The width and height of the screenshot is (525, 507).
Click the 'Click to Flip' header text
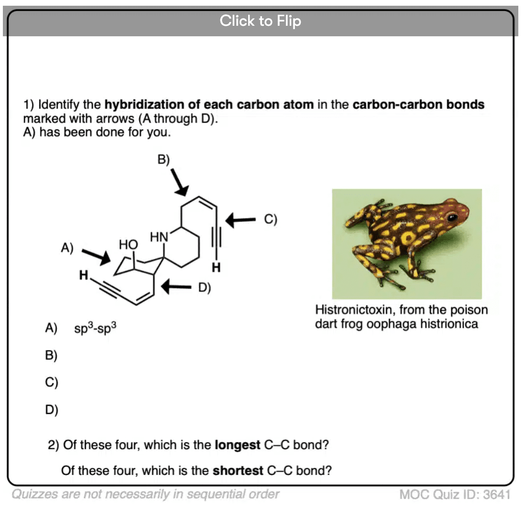pyautogui.click(x=261, y=21)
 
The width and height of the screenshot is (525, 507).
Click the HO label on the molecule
pyautogui.click(x=128, y=244)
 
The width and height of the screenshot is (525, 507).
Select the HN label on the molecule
pyautogui.click(x=159, y=237)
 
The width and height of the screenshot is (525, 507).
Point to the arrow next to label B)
pyautogui.click(x=179, y=182)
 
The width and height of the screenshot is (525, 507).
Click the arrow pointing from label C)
pyautogui.click(x=241, y=220)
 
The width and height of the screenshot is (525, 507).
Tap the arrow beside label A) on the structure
pyautogui.click(x=96, y=256)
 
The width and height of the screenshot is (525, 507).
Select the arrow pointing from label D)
pyautogui.click(x=176, y=286)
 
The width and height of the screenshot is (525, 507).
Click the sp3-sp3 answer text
pyautogui.click(x=95, y=327)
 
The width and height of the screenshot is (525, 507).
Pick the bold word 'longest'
pyautogui.click(x=237, y=445)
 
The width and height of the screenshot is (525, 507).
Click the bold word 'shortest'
pyautogui.click(x=238, y=471)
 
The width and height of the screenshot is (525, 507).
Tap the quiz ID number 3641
pyautogui.click(x=497, y=494)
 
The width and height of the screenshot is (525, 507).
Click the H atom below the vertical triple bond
pyautogui.click(x=216, y=267)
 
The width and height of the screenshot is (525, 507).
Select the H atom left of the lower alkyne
pyautogui.click(x=84, y=275)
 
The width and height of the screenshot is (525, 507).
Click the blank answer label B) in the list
pyautogui.click(x=51, y=355)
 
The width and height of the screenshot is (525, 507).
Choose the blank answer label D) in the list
pyautogui.click(x=52, y=410)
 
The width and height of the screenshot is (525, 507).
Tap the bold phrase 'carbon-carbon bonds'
pyautogui.click(x=419, y=105)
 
